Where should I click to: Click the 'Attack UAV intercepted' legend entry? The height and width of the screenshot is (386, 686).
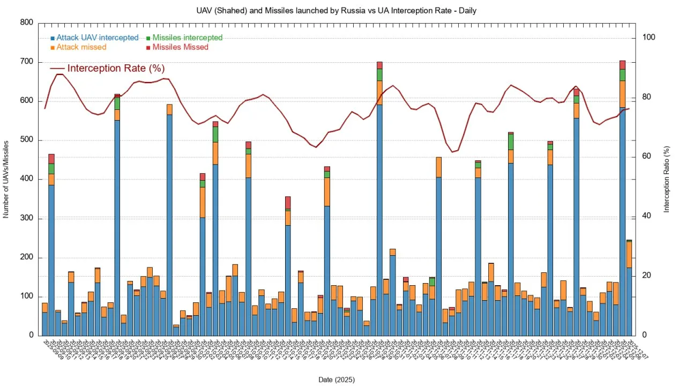point(97,38)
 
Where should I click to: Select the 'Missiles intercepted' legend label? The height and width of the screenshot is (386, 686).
point(188,38)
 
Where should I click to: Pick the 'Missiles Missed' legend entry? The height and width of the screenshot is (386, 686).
point(180,47)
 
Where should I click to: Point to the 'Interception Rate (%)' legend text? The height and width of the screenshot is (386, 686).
point(116,69)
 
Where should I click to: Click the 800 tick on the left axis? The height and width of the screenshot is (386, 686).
point(26,23)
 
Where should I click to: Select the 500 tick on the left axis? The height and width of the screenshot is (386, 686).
point(26,140)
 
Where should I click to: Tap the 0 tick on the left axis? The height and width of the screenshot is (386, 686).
point(31,336)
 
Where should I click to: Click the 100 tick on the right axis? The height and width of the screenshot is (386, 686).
point(649,38)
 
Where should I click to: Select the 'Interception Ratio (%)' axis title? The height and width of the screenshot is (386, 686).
point(667,179)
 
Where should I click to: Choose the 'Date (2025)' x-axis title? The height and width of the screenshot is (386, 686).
point(337,380)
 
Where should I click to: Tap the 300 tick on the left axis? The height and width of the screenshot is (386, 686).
point(26,218)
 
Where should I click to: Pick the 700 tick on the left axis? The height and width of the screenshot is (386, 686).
point(26,62)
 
